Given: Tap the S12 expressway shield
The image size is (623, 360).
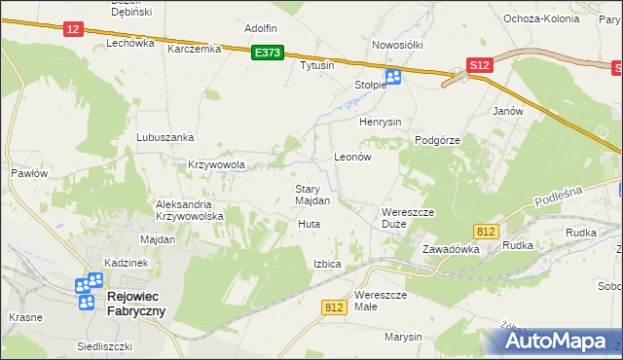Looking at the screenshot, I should click(x=478, y=65).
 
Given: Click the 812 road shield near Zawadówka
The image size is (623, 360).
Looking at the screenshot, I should click(x=488, y=231).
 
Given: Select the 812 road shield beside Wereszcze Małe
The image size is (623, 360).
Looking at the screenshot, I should click(x=334, y=306).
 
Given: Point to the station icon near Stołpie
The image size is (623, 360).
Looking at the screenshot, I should click(x=393, y=78).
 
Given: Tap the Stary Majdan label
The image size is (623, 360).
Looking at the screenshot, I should click(x=312, y=195).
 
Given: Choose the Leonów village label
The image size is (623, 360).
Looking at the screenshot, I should click(x=353, y=156).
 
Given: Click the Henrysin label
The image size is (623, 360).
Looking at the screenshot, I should click(x=381, y=123).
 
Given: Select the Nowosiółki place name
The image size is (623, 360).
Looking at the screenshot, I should click(x=395, y=45).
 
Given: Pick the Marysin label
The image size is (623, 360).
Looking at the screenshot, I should click(x=403, y=337).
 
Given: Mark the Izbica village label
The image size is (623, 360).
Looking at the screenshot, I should click(x=327, y=264).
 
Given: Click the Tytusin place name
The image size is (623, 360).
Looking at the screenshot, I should click(x=316, y=65).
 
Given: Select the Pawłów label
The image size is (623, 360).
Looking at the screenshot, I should click(x=29, y=173).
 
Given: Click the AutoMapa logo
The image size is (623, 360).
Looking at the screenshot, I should click(x=555, y=342).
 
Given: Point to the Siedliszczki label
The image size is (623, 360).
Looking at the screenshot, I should click(x=104, y=346).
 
